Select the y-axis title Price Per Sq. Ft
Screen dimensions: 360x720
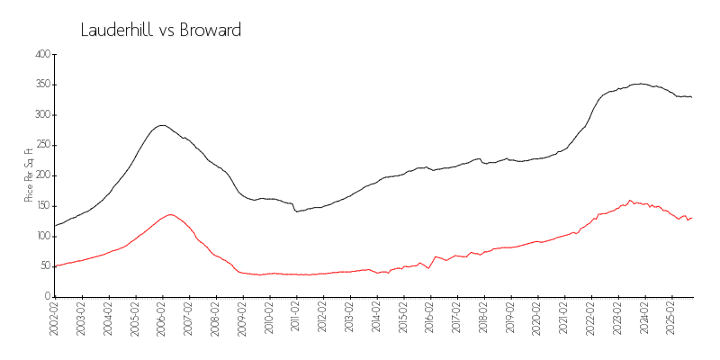(x=30, y=175)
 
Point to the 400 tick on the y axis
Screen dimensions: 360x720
(x=41, y=54)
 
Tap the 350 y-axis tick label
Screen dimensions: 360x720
(x=41, y=85)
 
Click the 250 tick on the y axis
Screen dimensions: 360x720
(x=41, y=145)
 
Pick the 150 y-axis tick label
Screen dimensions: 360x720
(x=41, y=206)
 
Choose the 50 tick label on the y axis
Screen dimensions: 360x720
(x=43, y=266)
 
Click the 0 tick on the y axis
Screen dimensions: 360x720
(x=46, y=297)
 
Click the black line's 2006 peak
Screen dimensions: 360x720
(x=162, y=125)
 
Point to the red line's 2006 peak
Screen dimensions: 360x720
(x=170, y=214)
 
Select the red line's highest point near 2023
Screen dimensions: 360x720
(x=630, y=200)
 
